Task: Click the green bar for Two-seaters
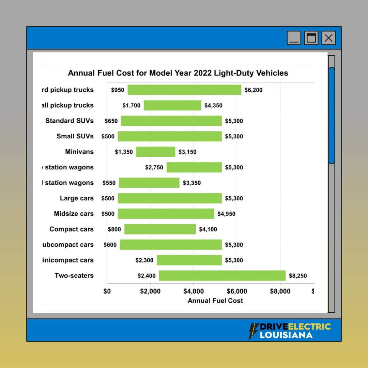coord(222,276)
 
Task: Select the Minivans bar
coord(156,152)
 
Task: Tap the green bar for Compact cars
coord(160,229)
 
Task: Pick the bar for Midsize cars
coord(166,214)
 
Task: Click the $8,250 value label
coord(298,276)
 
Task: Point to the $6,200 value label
coord(254,90)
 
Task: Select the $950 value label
coord(117,90)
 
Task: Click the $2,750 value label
coord(154,167)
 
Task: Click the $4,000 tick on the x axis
coord(194,291)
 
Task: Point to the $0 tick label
coord(107,291)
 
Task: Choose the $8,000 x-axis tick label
coord(280,291)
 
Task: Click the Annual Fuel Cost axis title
coord(215,301)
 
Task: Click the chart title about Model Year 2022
coord(178,73)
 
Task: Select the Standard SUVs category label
coord(70,121)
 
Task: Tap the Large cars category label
coord(77,198)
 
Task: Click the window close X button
coord(328,38)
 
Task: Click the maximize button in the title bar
coord(311,38)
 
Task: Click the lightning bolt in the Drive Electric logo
coord(254,331)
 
